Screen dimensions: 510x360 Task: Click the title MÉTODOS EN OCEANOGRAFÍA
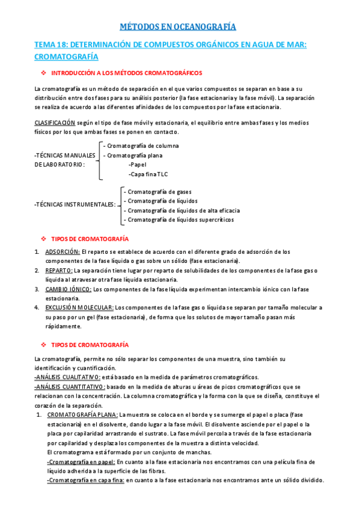coord(179,26)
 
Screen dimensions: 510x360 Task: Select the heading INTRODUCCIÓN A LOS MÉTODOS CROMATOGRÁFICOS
coord(127,73)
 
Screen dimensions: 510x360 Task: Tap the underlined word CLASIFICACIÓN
coord(59,123)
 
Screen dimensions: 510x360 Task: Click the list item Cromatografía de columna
coord(142,146)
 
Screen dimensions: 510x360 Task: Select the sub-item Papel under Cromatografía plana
coord(138,164)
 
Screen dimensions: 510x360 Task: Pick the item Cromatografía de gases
coord(158,191)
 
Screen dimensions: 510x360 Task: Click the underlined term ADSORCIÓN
coord(63,251)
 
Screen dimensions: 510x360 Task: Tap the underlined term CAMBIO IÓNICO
coord(69,289)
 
